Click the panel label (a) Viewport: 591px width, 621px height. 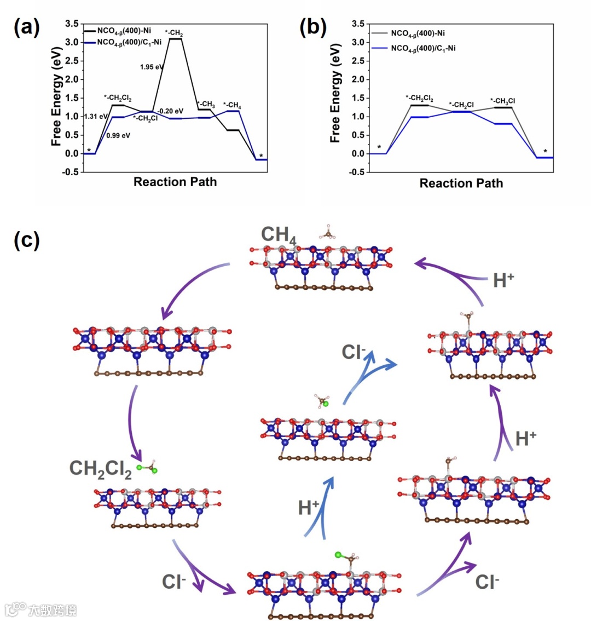point(26,27)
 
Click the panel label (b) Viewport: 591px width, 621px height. point(313,27)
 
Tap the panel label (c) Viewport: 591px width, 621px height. point(26,240)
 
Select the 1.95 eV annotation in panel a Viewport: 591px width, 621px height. point(152,67)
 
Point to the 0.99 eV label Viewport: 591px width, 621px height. point(118,136)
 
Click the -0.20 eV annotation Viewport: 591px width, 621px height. point(170,112)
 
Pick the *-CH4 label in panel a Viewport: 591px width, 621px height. point(232,105)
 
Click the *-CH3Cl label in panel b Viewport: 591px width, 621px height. point(502,101)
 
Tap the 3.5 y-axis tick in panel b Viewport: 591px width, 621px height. point(358,24)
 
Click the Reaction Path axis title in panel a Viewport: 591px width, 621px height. point(175,182)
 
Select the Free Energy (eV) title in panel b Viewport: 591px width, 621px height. point(335,94)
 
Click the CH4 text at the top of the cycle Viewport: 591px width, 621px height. point(279,234)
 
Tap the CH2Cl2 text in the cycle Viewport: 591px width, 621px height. point(101,469)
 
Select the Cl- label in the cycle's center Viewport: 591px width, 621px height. point(354,352)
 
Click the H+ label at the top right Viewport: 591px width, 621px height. point(503,280)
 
